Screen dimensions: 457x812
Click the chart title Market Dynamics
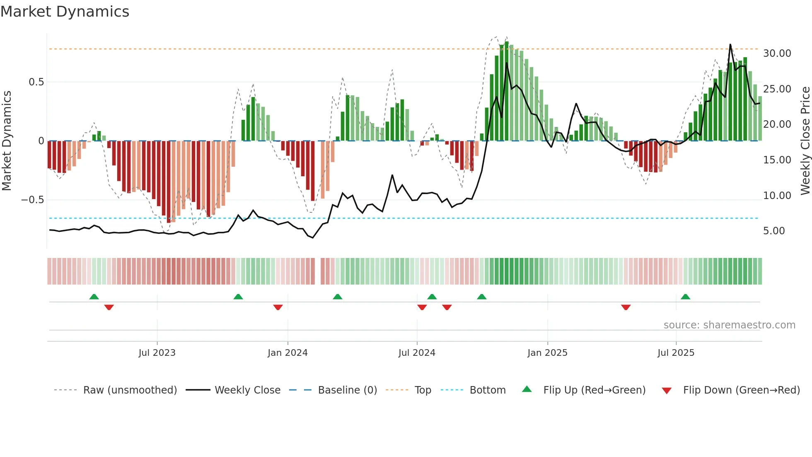tap(65, 12)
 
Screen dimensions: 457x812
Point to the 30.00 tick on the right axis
tap(777, 53)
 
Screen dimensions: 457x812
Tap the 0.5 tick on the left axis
tap(36, 82)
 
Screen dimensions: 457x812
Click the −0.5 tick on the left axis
tap(32, 200)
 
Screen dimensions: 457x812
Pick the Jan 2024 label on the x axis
tap(288, 353)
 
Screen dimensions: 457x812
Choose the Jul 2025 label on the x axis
tap(676, 353)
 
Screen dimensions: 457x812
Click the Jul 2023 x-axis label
tap(157, 353)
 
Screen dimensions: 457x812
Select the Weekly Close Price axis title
tap(805, 141)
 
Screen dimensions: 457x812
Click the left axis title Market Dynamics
tap(7, 141)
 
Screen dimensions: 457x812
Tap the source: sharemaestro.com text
tap(729, 325)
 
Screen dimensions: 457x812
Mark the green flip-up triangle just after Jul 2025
tap(685, 297)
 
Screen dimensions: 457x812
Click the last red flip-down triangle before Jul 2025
tap(626, 307)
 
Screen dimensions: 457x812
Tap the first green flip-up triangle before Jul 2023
tap(94, 297)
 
